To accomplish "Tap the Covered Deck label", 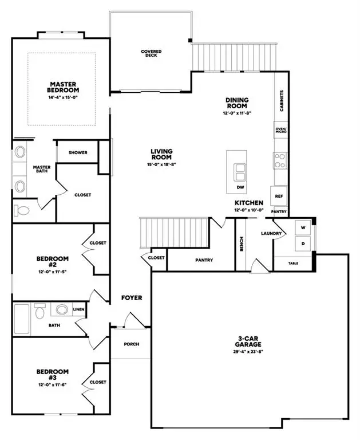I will click(x=151, y=54).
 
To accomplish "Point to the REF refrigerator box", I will click(x=279, y=196).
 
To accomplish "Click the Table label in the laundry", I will click(x=293, y=264).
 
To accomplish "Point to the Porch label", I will click(x=131, y=344).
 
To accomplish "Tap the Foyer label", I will click(x=131, y=298).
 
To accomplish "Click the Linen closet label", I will click(x=78, y=310).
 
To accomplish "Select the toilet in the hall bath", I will click(x=40, y=311).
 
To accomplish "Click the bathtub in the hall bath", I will click(x=22, y=319).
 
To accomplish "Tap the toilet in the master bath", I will click(x=21, y=211).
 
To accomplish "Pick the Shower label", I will click(x=77, y=152).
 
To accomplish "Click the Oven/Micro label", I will click(x=280, y=130).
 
